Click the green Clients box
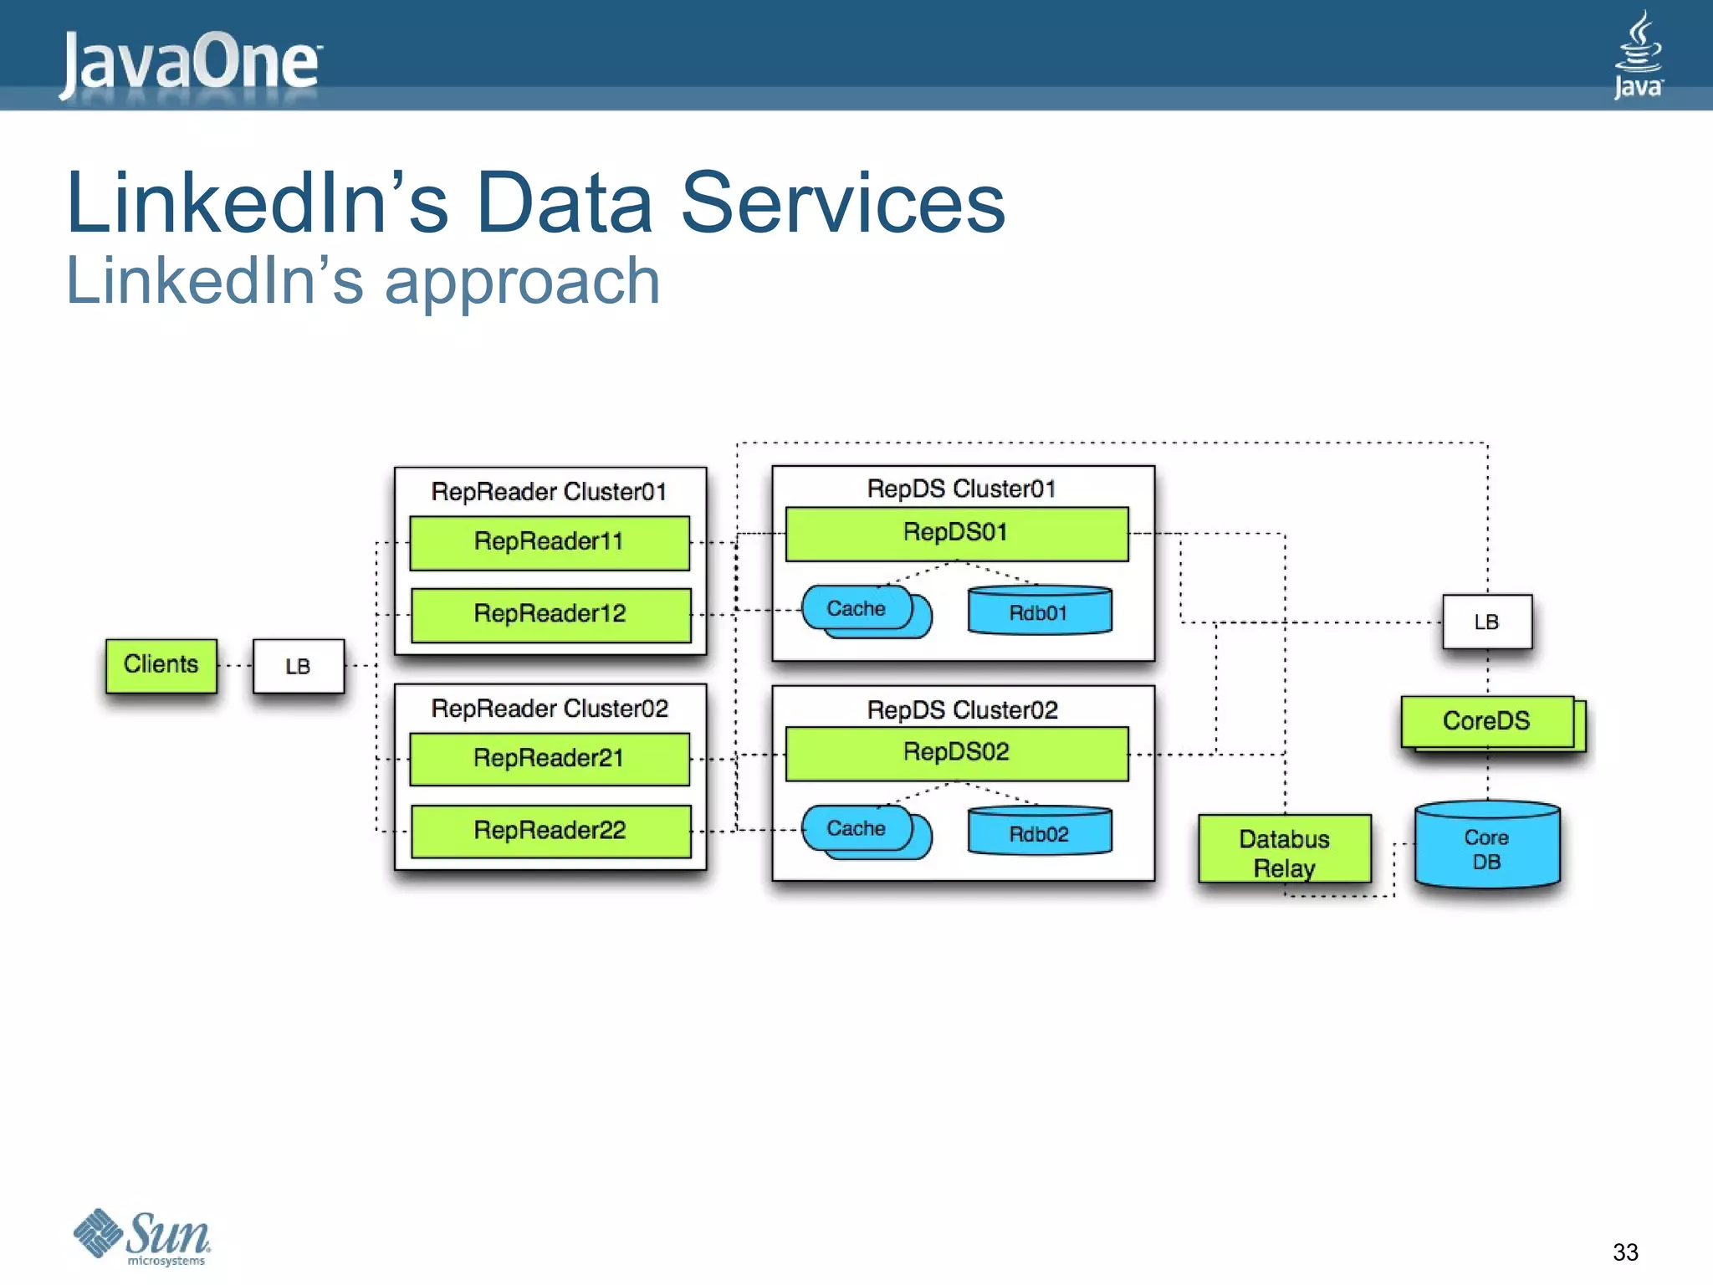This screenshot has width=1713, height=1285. point(161,665)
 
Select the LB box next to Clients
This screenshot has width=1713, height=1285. point(299,666)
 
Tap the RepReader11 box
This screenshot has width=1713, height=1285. point(550,542)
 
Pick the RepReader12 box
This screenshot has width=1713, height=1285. point(550,614)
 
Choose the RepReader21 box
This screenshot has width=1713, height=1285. point(550,758)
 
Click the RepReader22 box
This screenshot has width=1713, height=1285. point(550,830)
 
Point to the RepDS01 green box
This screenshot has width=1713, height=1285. point(956,533)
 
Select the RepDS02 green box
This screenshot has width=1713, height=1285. point(956,752)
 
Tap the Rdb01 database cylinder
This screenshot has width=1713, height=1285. point(1039,611)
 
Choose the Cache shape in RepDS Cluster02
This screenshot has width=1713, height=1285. point(857,828)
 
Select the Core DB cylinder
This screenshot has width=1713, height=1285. point(1486,847)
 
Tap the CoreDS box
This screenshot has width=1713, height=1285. point(1487,721)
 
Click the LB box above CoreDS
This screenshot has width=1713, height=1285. point(1486,622)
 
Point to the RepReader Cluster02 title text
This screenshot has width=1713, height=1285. point(550,709)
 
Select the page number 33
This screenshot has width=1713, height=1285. point(1624,1252)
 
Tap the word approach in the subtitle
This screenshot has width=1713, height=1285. point(522,282)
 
